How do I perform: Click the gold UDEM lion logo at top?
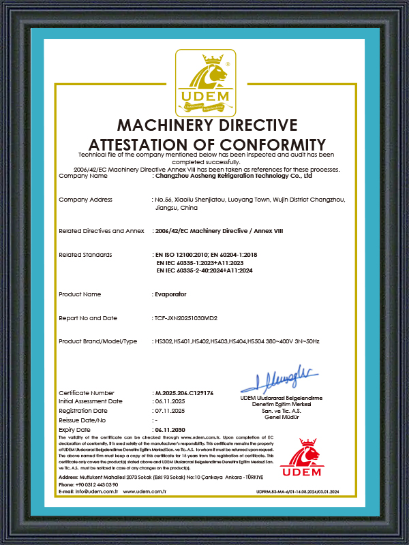click(x=204, y=82)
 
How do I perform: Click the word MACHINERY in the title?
click(x=177, y=126)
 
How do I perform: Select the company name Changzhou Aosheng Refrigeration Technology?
click(x=233, y=176)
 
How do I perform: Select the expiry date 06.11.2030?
click(x=170, y=430)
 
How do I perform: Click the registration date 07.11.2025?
click(x=170, y=411)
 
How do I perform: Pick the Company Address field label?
click(x=86, y=200)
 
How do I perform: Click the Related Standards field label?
click(x=85, y=254)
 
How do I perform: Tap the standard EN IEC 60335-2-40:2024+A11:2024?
click(x=215, y=270)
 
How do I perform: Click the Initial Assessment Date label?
click(x=91, y=402)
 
